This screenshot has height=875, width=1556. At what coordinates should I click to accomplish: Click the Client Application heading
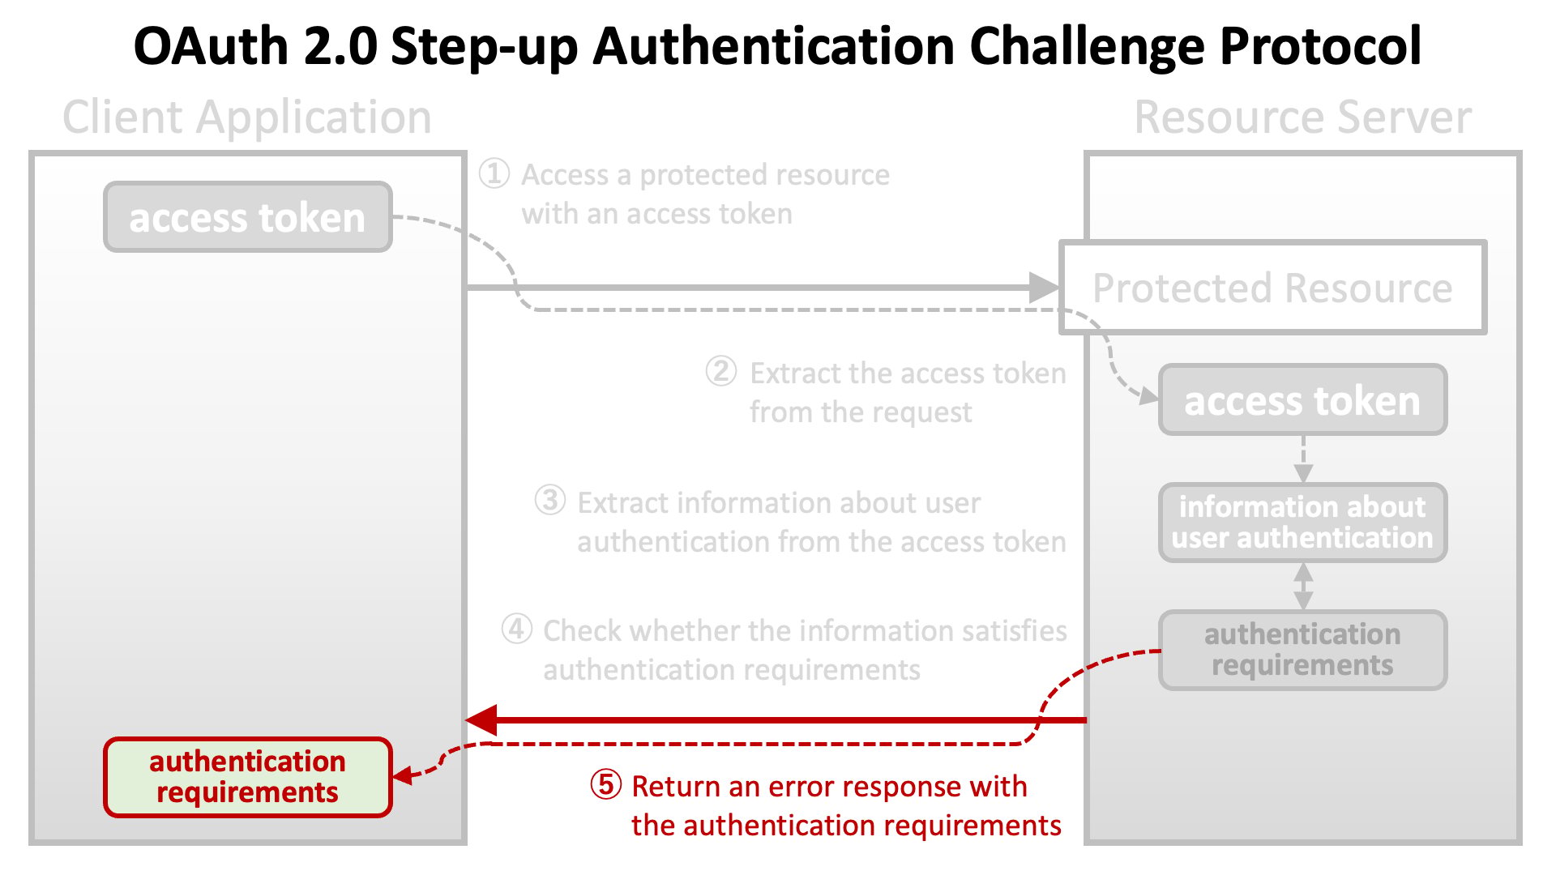coord(247,117)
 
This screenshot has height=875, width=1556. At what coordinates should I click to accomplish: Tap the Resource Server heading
coord(1302,117)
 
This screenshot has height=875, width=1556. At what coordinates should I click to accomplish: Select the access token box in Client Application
coord(248,217)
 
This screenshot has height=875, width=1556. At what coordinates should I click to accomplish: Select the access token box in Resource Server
coord(1302,400)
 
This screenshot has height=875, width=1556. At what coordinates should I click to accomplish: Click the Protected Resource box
coord(1273,288)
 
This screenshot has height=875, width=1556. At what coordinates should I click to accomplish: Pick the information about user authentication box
coord(1302,523)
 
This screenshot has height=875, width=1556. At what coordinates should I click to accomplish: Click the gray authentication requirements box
coord(1302,650)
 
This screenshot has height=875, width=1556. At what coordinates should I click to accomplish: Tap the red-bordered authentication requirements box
coord(248,777)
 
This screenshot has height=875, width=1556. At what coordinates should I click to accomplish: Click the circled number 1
coord(494,173)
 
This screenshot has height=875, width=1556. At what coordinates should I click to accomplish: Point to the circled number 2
coord(721,372)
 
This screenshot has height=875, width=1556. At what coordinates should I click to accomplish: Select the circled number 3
coord(550,501)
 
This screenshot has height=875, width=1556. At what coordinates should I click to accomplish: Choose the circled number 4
coord(517,629)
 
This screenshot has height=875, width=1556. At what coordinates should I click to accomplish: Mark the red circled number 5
coord(606,784)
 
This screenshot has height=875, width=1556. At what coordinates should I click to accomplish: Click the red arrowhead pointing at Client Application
coord(481,719)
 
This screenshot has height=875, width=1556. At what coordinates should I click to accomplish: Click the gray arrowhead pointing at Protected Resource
coord(1044,288)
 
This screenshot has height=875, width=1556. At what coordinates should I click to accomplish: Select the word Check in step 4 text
coord(583,630)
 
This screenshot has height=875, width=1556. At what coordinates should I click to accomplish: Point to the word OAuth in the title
coord(211,47)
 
